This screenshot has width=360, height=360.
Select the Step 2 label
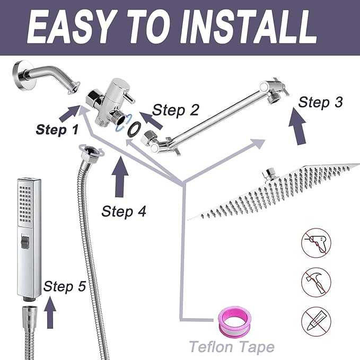point(175,110)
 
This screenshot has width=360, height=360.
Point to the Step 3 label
point(321,102)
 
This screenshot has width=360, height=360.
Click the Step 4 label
point(124,210)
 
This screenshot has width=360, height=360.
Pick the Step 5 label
point(65,286)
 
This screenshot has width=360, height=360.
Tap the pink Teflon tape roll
point(234,323)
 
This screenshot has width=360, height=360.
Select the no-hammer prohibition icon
point(314,282)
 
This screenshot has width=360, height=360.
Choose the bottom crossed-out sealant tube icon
point(314,320)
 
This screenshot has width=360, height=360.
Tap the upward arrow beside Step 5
point(50,313)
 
